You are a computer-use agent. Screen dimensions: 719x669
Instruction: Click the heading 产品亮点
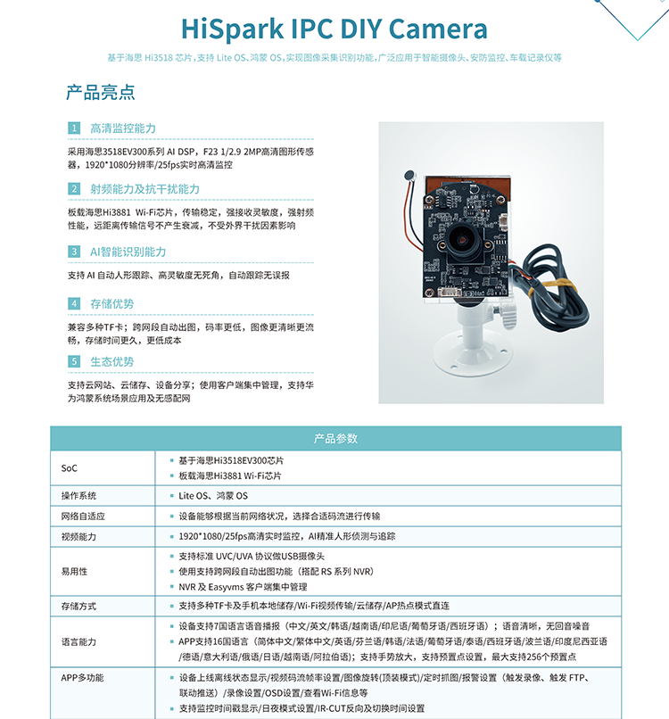pyautogui.click(x=101, y=92)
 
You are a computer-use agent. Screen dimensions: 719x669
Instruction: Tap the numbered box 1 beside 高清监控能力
pyautogui.click(x=75, y=129)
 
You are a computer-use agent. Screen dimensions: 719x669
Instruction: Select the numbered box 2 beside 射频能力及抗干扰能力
pyautogui.click(x=75, y=189)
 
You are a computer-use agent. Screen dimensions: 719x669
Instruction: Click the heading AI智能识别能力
pyautogui.click(x=128, y=252)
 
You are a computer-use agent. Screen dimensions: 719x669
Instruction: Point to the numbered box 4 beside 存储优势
pyautogui.click(x=75, y=304)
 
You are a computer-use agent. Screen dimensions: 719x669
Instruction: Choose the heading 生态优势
pyautogui.click(x=111, y=361)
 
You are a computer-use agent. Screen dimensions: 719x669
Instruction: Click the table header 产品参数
pyautogui.click(x=335, y=438)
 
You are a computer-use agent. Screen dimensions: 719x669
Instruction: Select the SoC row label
pyautogui.click(x=70, y=467)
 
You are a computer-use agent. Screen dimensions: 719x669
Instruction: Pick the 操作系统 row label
pyautogui.click(x=78, y=495)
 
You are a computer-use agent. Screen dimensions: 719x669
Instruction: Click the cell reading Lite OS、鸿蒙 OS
pyautogui.click(x=213, y=495)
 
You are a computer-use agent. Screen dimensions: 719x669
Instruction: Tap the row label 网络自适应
pyautogui.click(x=83, y=516)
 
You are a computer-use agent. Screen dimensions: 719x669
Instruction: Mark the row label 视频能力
pyautogui.click(x=78, y=536)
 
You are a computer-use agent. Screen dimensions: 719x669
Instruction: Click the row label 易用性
pyautogui.click(x=74, y=571)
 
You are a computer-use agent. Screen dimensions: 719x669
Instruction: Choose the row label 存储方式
pyautogui.click(x=78, y=606)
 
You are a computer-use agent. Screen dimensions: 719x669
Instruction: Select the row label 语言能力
pyautogui.click(x=78, y=641)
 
